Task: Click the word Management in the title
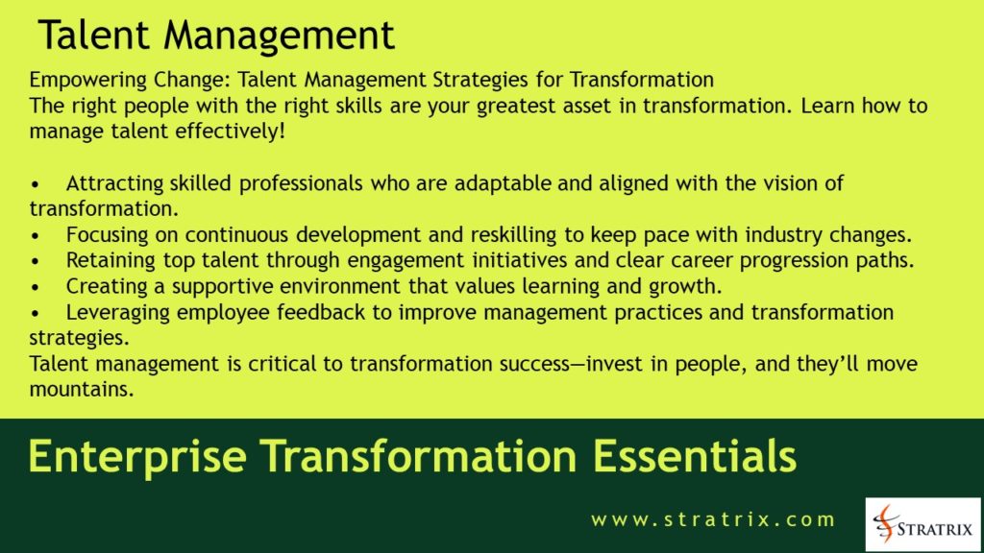[280, 36]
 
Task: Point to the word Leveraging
[115, 313]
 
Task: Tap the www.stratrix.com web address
[713, 519]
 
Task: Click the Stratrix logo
[922, 524]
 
